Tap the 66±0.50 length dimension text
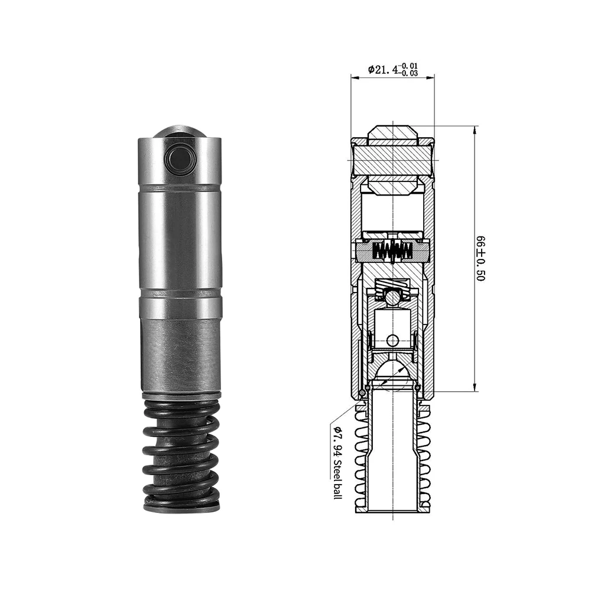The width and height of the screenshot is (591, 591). pyautogui.click(x=480, y=258)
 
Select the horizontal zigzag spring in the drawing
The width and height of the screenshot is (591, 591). pyautogui.click(x=392, y=251)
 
